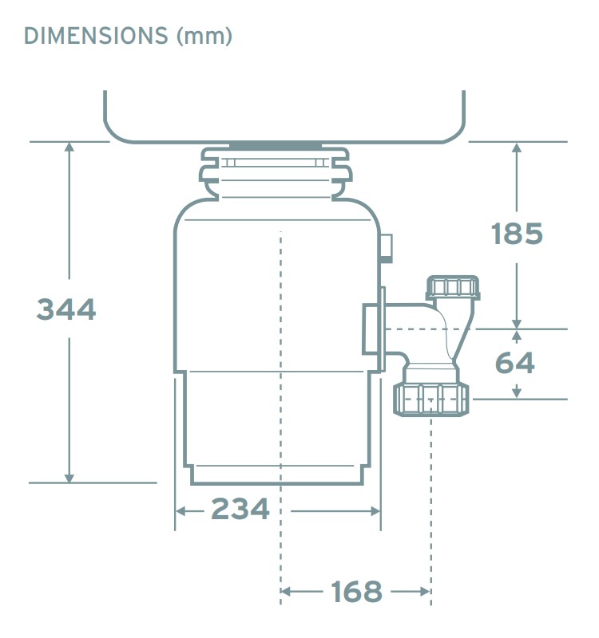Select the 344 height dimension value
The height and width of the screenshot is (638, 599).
[x=66, y=309]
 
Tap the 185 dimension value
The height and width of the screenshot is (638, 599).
[x=517, y=234]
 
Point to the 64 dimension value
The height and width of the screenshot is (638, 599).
[x=515, y=363]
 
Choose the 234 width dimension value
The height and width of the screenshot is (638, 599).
[x=240, y=509]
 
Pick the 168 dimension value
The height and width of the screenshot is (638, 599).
[x=357, y=592]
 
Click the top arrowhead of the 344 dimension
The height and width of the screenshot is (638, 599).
[x=69, y=148]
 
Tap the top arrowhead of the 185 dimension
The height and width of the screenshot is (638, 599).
[x=517, y=148]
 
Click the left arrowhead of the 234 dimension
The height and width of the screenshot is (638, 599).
[x=180, y=510]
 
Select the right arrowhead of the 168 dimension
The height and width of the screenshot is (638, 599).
[x=425, y=592]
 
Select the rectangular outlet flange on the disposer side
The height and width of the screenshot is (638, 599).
[x=374, y=329]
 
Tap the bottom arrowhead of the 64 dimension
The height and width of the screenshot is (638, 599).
[x=517, y=392]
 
